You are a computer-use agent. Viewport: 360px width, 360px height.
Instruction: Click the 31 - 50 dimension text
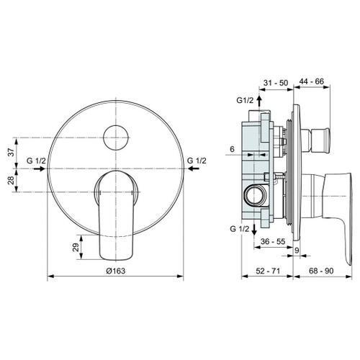[274, 84]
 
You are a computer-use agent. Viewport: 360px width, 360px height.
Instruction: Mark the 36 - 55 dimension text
[273, 243]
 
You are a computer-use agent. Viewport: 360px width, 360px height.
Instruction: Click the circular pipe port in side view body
[253, 193]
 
